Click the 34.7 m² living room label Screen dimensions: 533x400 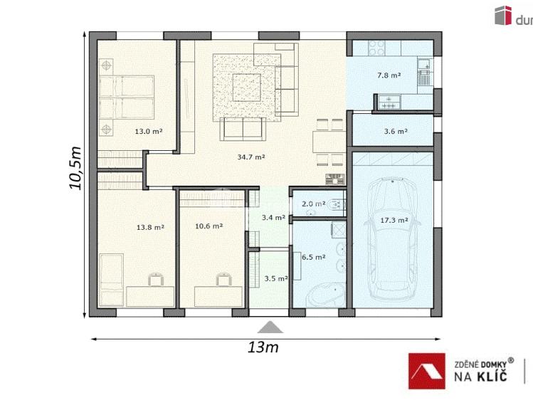251,157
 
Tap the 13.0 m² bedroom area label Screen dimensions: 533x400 149,131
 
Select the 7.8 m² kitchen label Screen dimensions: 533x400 389,75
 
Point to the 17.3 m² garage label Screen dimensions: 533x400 394,220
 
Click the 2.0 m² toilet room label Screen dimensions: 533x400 313,204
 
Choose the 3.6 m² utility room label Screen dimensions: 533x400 396,131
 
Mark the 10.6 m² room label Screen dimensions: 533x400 209,226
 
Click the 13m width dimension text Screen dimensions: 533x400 263,347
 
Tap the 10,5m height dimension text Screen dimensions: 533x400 75,168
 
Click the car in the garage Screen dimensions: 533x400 393,240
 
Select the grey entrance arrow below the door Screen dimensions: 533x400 270,327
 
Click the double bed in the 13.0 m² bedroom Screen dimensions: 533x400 127,98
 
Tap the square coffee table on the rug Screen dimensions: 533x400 246,88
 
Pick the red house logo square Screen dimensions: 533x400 426,371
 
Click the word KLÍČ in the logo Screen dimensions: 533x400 492,377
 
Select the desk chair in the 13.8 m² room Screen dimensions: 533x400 156,279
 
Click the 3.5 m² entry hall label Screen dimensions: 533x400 276,279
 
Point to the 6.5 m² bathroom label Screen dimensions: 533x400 313,257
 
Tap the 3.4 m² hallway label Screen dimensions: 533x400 273,218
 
